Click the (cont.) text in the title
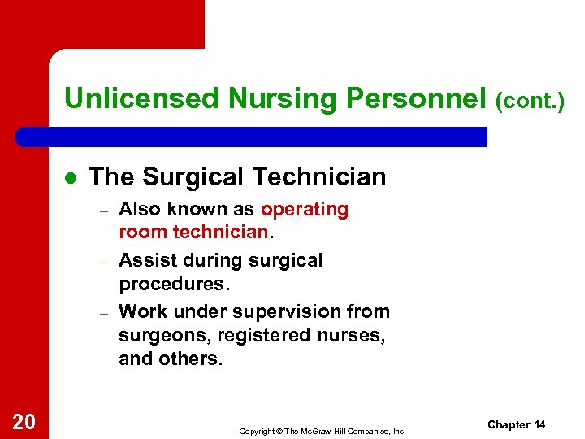530,100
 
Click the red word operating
305,210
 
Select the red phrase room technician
193,233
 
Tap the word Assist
143,261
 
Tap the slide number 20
24,421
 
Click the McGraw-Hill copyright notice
322,431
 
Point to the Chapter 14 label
516,425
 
